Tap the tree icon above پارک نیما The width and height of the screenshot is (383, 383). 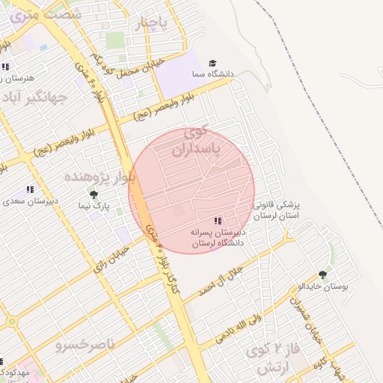coord(94,194)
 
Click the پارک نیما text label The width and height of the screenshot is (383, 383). coord(95,205)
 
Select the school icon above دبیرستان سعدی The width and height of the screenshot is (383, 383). coord(31,190)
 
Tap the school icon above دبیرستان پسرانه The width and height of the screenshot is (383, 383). coord(217,221)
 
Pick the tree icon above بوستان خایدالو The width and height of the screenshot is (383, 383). coord(322,275)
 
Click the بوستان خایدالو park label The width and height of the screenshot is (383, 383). coord(321,287)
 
